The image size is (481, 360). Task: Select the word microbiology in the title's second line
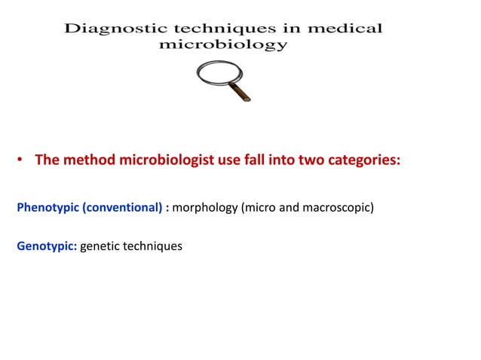224,44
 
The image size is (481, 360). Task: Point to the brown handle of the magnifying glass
242,93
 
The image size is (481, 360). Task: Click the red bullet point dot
21,161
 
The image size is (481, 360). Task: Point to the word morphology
205,207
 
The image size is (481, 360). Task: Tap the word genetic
101,246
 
